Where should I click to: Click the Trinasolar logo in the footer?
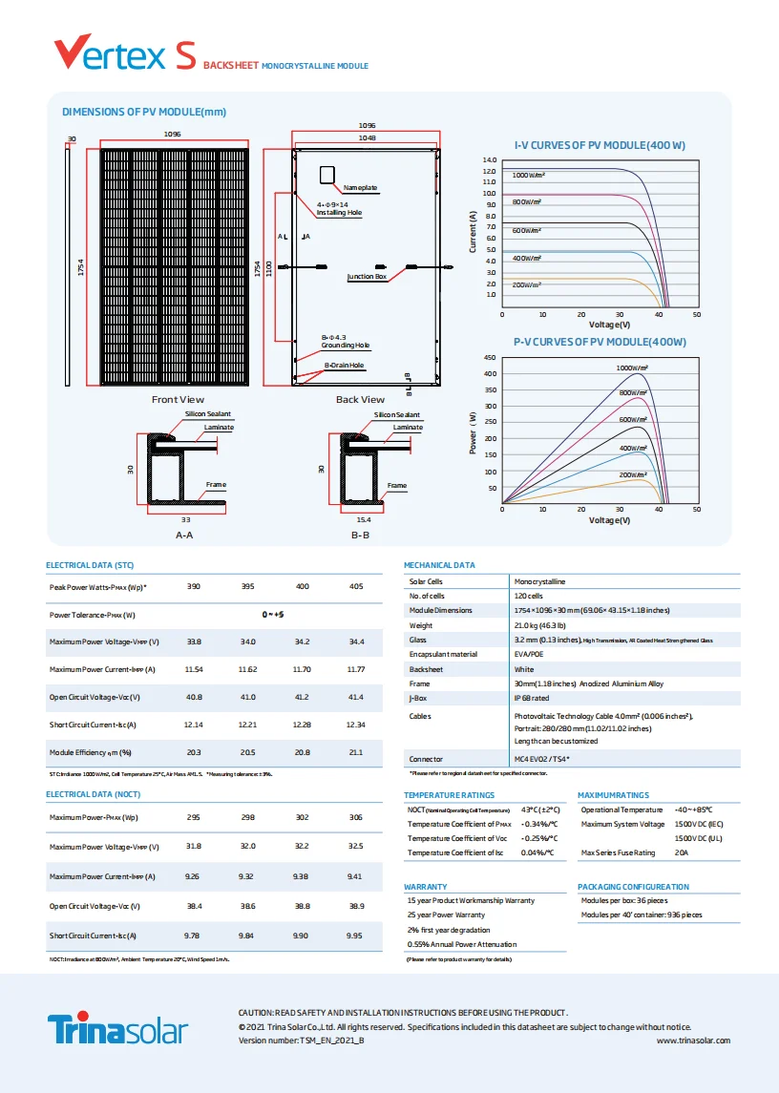click(x=118, y=1030)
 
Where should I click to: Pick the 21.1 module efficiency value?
click(x=356, y=753)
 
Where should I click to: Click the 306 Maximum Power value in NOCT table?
click(x=356, y=817)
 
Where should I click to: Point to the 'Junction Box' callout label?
click(x=367, y=277)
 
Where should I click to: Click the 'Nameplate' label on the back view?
click(x=360, y=187)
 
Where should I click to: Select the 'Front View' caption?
click(x=178, y=400)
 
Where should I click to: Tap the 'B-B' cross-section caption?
click(x=360, y=536)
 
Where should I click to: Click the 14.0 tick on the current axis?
click(x=490, y=160)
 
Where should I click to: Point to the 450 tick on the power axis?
click(x=490, y=358)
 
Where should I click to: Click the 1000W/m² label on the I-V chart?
click(x=528, y=176)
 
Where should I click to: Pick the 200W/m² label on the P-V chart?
click(x=633, y=474)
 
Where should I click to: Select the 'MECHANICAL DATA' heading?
click(x=439, y=565)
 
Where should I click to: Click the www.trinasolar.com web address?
click(x=694, y=1040)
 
